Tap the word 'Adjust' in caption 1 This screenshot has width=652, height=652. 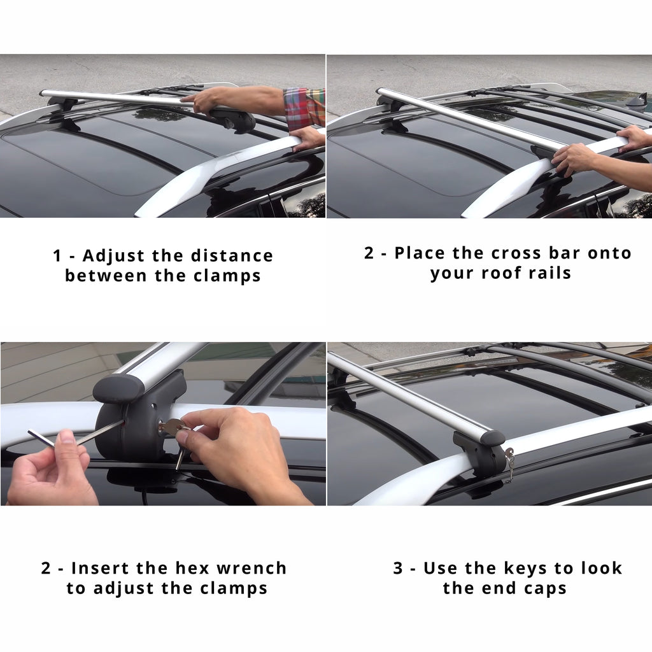coord(114,256)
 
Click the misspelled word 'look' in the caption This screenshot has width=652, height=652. coord(600,568)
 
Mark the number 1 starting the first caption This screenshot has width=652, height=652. coord(57,256)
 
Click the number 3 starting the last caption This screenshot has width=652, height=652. coord(398,568)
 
